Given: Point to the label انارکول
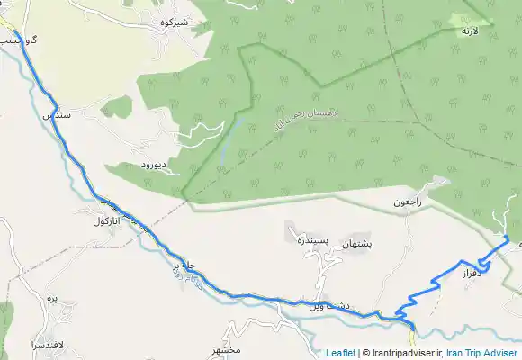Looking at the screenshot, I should point(107,220).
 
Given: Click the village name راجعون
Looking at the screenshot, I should point(406,202).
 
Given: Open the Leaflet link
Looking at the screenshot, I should point(340,353).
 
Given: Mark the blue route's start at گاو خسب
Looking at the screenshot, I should point(16,32).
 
